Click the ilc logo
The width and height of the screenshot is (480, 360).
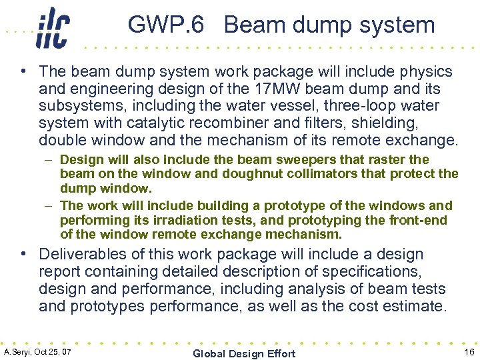pyautogui.click(x=53, y=27)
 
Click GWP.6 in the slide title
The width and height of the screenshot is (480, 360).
pyautogui.click(x=166, y=25)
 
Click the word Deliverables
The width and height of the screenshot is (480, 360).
pyautogui.click(x=82, y=254)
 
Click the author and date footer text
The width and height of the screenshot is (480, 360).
pyautogui.click(x=37, y=351)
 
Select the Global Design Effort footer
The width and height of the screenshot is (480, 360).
pyautogui.click(x=243, y=353)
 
